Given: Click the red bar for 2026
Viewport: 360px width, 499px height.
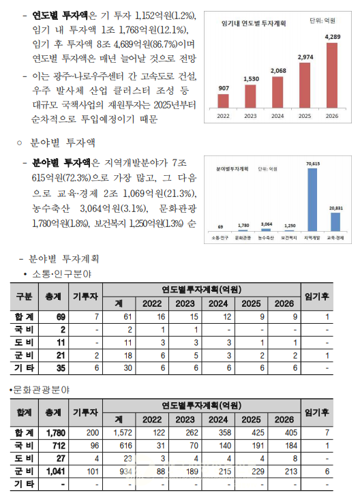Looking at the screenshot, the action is (x=332, y=76).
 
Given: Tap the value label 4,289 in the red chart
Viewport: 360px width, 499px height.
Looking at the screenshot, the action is (x=333, y=37).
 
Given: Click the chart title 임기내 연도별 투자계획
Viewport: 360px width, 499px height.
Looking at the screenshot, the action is (x=254, y=22).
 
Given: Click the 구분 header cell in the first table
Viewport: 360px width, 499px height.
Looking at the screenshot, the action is (x=24, y=297).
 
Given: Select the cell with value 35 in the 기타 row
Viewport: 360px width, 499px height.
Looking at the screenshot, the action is (x=61, y=367).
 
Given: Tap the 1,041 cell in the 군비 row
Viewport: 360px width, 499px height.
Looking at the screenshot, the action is (x=58, y=470).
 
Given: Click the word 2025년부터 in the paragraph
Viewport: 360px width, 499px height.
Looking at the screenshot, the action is (x=175, y=106).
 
